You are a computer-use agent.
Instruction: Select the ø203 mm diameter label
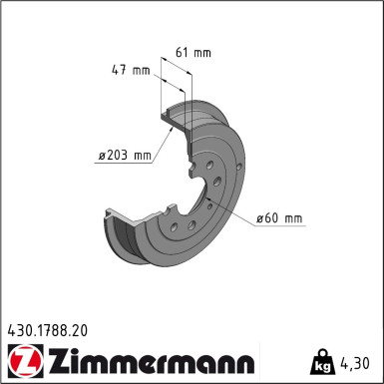point(124,155)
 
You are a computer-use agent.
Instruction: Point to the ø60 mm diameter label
point(279,218)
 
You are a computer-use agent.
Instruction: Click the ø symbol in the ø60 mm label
point(258,218)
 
